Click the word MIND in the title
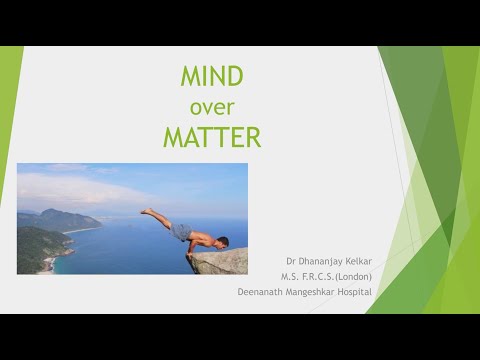click(211, 77)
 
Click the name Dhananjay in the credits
click(307, 256)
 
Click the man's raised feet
click(146, 211)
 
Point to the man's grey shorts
click(181, 232)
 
